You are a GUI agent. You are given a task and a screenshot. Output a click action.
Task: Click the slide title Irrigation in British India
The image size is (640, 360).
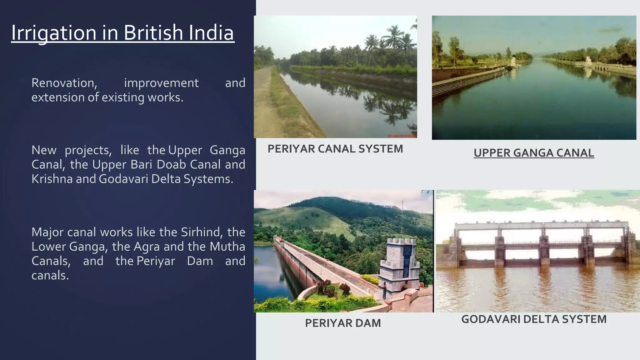tap(122, 32)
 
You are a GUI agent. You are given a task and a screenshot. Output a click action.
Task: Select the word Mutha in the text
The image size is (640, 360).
tap(227, 247)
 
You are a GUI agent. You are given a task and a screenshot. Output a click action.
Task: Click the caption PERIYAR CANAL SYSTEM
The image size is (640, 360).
tap(335, 149)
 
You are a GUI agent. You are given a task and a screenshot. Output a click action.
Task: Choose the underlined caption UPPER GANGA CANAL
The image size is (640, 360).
tap(533, 153)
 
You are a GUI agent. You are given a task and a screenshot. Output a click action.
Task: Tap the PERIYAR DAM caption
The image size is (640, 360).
tap(343, 323)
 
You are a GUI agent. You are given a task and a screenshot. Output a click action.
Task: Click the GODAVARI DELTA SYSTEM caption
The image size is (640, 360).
tap(534, 319)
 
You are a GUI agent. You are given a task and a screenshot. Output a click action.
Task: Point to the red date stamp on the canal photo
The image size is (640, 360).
tap(402, 136)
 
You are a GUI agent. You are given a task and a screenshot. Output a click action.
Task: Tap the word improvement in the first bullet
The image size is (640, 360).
tap(161, 83)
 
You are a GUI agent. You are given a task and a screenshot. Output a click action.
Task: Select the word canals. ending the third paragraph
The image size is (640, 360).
tap(50, 275)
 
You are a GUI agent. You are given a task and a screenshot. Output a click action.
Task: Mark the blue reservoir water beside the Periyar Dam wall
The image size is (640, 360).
tap(266, 266)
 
